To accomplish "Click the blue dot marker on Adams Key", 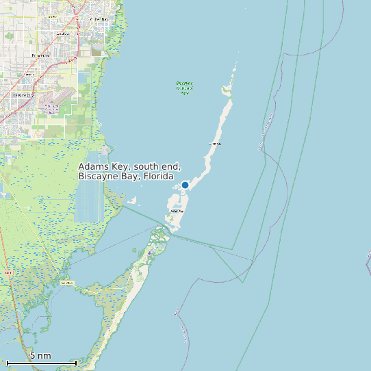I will (x=185, y=185).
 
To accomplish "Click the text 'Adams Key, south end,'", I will (x=129, y=166).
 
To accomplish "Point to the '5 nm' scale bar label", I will (x=40, y=356).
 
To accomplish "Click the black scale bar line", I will (x=41, y=363).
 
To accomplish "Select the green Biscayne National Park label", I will (x=184, y=88).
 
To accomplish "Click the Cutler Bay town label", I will (x=99, y=19).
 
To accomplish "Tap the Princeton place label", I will (x=40, y=55).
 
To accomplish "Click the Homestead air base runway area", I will (x=52, y=106).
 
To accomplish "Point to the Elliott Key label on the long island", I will (x=215, y=144).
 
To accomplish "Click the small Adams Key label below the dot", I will (x=177, y=212).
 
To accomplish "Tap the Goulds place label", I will (x=63, y=32).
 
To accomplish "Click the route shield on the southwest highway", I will (x=8, y=272).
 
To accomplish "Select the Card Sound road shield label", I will (x=67, y=282).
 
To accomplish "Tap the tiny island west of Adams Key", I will (x=133, y=201).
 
